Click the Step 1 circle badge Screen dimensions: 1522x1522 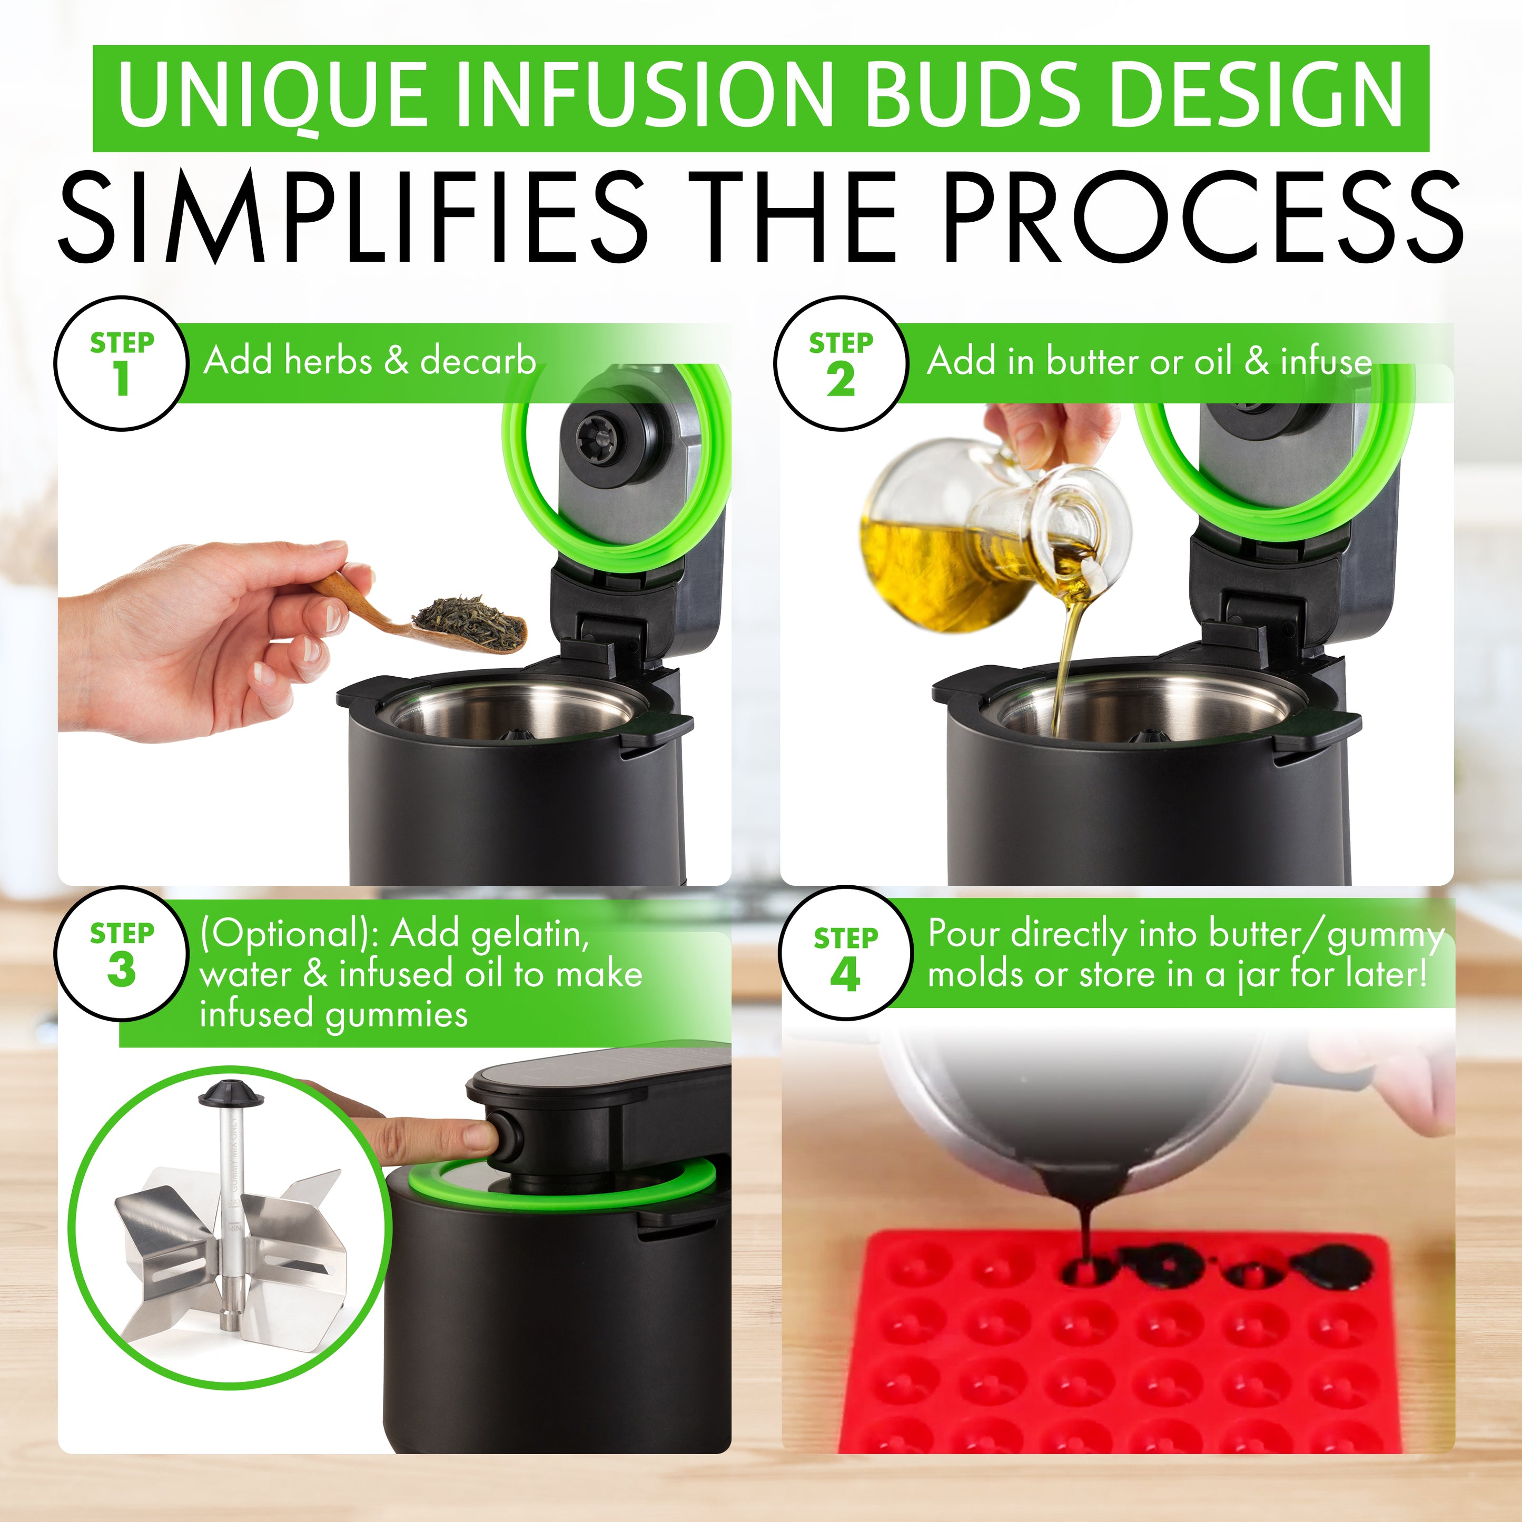(121, 363)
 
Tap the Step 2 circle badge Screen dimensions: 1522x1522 (840, 363)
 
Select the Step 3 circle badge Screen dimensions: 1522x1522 (121, 953)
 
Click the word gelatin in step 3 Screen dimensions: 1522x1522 (529, 934)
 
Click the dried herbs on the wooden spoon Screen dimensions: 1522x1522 (470, 622)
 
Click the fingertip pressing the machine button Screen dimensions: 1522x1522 (477, 1137)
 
